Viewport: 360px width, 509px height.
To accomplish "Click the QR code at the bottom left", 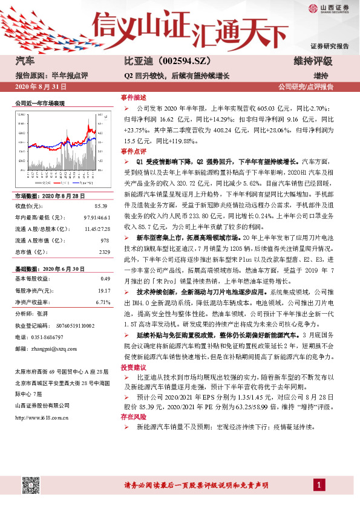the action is click(27, 486).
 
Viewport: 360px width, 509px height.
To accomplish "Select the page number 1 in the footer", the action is click(317, 485).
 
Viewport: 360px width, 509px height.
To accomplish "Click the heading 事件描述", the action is click(133, 97).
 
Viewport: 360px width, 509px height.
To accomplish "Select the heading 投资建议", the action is click(133, 367).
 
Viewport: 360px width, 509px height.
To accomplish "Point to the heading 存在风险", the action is click(133, 417).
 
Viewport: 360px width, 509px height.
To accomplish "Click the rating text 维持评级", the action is click(313, 62).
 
